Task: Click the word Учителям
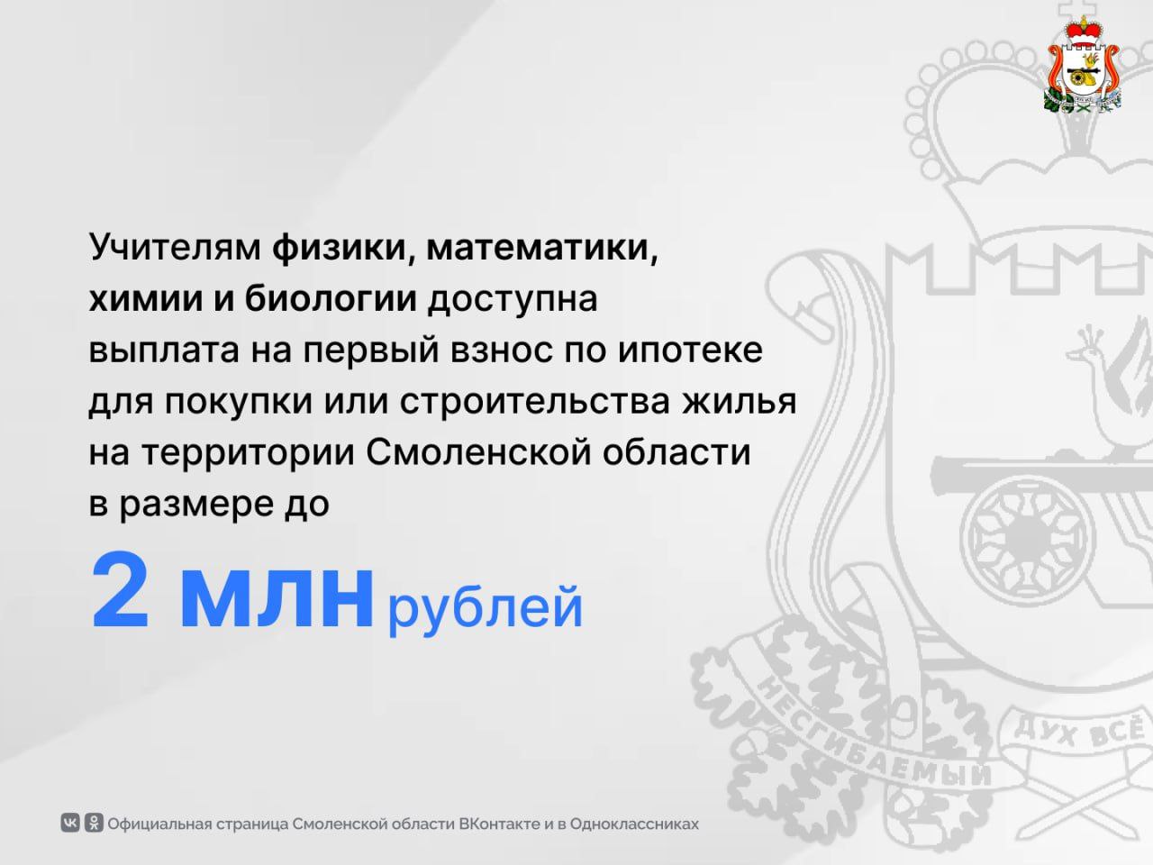tap(175, 246)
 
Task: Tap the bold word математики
tap(542, 248)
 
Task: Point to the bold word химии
tap(146, 299)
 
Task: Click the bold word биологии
tap(331, 297)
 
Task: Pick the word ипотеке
tap(690, 350)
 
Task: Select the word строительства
tap(535, 401)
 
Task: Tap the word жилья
tap(740, 401)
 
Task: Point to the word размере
tap(196, 505)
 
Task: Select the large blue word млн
tap(277, 597)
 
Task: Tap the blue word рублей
tap(486, 609)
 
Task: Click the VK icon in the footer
tap(70, 822)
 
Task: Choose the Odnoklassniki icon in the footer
tap(94, 822)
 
